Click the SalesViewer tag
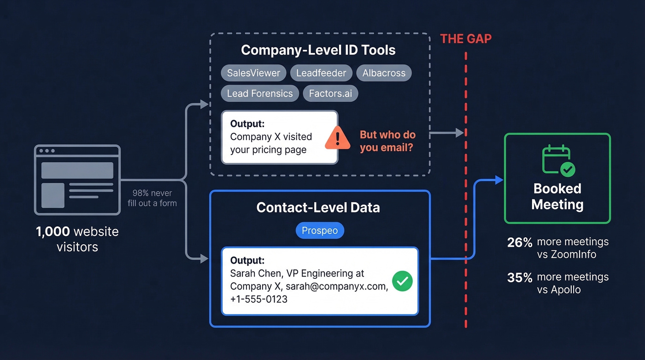253,73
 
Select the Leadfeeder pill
321,73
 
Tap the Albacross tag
384,73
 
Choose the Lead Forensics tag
260,93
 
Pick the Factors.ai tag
330,93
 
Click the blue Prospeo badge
319,230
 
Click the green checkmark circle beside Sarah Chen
402,281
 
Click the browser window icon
77,180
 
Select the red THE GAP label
466,39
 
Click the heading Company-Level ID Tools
318,50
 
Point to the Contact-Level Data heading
318,207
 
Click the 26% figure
519,242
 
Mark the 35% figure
519,277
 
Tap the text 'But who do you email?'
387,141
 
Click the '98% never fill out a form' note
152,198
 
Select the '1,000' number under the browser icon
53,231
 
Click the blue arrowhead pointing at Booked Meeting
499,180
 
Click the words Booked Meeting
557,196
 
